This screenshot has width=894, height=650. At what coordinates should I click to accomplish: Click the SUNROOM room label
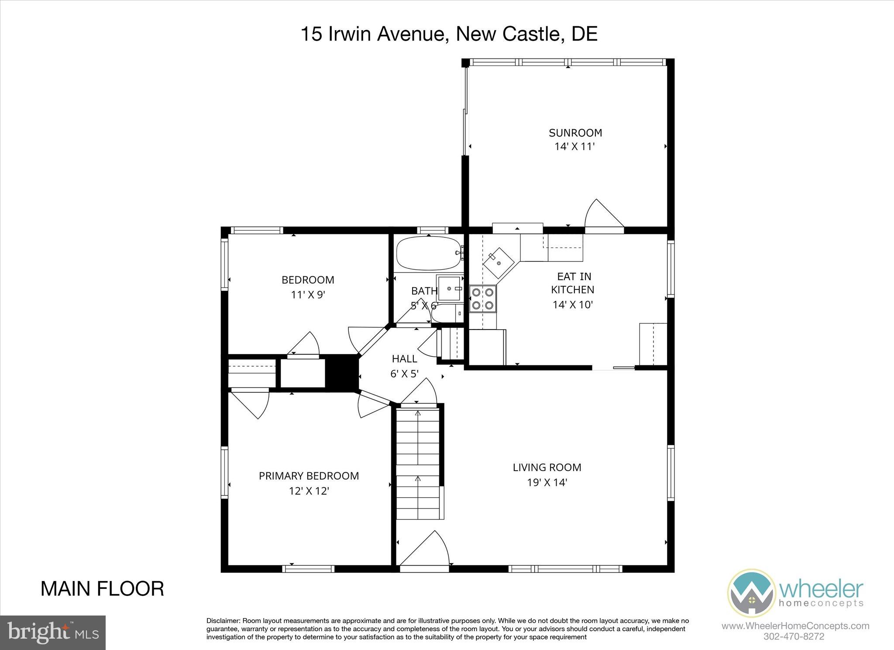click(575, 132)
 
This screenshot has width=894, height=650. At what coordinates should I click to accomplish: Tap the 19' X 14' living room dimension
click(547, 482)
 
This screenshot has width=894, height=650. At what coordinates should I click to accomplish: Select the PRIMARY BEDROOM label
click(309, 475)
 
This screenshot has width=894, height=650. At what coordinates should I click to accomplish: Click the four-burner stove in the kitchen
click(483, 299)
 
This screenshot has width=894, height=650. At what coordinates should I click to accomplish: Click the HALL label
click(404, 359)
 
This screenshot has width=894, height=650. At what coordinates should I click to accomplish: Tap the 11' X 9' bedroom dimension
click(308, 295)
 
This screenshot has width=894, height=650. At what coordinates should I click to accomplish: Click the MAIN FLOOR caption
click(102, 589)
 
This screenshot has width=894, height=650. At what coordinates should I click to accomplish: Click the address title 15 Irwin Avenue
click(449, 34)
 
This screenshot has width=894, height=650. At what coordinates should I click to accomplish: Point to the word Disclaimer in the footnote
click(223, 621)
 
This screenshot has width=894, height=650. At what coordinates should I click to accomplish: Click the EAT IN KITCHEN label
click(573, 283)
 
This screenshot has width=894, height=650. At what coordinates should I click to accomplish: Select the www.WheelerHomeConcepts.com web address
click(795, 626)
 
